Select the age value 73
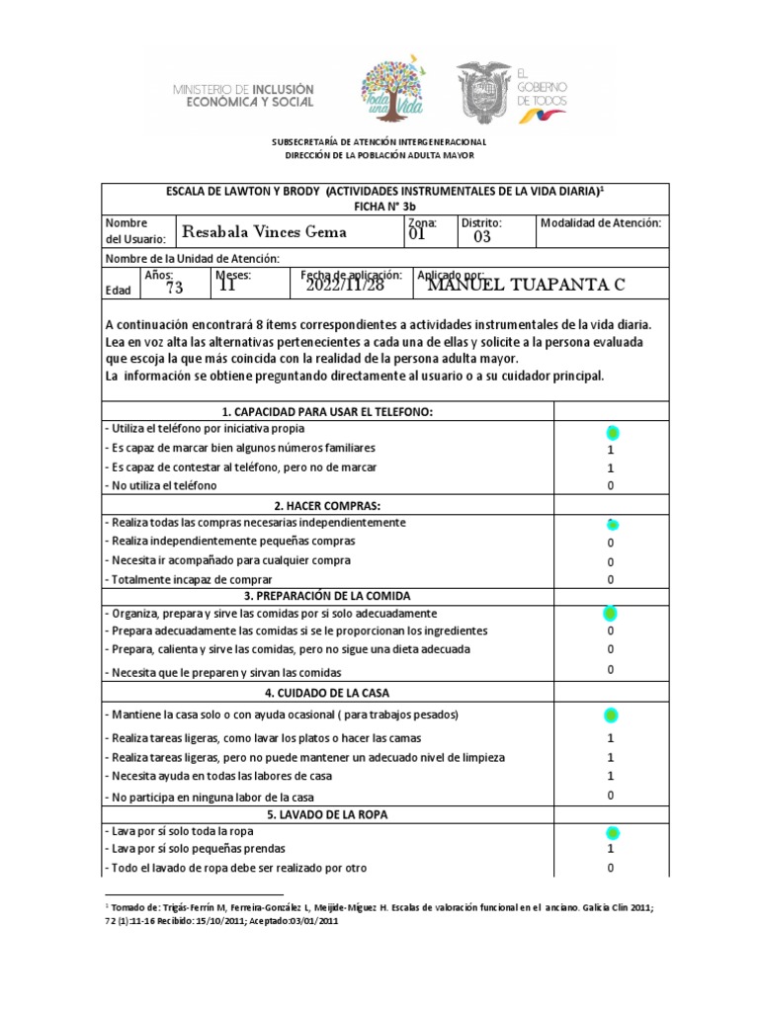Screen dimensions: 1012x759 click(175, 288)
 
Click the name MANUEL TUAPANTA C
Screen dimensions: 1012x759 click(526, 286)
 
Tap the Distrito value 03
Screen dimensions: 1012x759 click(481, 237)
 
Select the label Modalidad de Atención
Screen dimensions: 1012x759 click(600, 223)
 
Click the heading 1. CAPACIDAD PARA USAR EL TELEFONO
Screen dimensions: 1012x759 click(328, 411)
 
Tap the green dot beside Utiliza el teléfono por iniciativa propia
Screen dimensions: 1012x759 click(611, 433)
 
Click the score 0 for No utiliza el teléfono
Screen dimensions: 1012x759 click(611, 486)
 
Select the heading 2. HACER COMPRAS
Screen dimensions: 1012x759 click(328, 505)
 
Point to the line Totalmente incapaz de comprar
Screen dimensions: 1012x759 click(188, 579)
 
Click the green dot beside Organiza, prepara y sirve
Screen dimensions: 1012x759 click(611, 614)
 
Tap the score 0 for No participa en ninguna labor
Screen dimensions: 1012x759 click(611, 796)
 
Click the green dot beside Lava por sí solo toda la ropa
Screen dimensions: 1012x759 click(611, 832)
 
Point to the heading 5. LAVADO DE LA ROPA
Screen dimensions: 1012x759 click(328, 814)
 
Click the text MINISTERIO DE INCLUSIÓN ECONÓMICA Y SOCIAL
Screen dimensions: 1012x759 click(243, 95)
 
